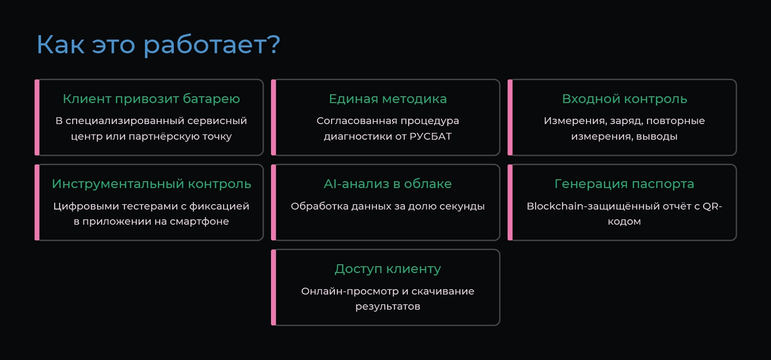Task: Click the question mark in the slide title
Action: click(x=274, y=44)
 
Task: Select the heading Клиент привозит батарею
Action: click(x=151, y=99)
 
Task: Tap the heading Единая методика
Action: click(x=388, y=99)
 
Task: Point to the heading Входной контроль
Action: click(x=625, y=99)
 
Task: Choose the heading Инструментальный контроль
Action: click(x=151, y=184)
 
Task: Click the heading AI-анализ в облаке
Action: click(x=388, y=184)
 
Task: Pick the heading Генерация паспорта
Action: click(x=624, y=184)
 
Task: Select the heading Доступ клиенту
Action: click(x=388, y=269)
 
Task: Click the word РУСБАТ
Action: click(x=431, y=137)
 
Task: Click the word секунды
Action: click(x=462, y=207)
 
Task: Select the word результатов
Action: click(x=388, y=307)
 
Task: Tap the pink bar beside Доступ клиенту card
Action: click(x=273, y=287)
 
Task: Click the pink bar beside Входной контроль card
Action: click(x=510, y=117)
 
